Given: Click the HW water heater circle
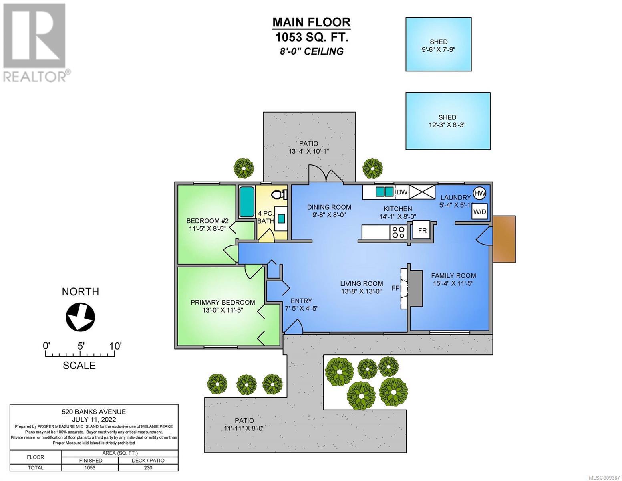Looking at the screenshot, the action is pyautogui.click(x=480, y=193).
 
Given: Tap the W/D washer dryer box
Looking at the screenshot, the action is pyautogui.click(x=479, y=212).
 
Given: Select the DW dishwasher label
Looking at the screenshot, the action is pyautogui.click(x=402, y=192).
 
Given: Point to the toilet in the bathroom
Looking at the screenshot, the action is pyautogui.click(x=279, y=195).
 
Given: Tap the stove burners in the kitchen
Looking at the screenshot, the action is pyautogui.click(x=398, y=232).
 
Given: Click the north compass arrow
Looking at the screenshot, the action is pyautogui.click(x=81, y=317).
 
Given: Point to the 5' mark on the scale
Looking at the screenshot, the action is pyautogui.click(x=81, y=346).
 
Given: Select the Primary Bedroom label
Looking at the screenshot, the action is pyautogui.click(x=223, y=302).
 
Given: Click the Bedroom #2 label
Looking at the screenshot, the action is pyautogui.click(x=207, y=221).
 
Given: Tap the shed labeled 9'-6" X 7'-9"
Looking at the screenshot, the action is pyautogui.click(x=438, y=44).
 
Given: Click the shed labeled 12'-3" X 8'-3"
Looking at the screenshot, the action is pyautogui.click(x=448, y=121).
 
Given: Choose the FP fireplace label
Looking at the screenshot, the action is pyautogui.click(x=395, y=288).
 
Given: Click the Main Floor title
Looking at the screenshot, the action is pyautogui.click(x=312, y=22).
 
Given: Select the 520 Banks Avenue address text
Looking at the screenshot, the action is pyautogui.click(x=94, y=412).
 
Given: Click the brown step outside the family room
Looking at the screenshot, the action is pyautogui.click(x=504, y=239).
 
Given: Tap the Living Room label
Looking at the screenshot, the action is pyautogui.click(x=362, y=284).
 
